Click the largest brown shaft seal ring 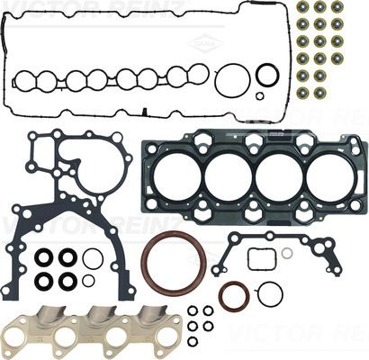[x=174, y=263]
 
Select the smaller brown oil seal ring [x=233, y=295]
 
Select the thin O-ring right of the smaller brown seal [x=269, y=293]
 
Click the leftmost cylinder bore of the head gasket [x=178, y=175]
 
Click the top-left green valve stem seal [x=302, y=7]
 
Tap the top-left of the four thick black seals [x=44, y=258]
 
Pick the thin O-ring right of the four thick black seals [x=92, y=259]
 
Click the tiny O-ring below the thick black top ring [x=260, y=95]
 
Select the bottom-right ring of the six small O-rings [x=208, y=341]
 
